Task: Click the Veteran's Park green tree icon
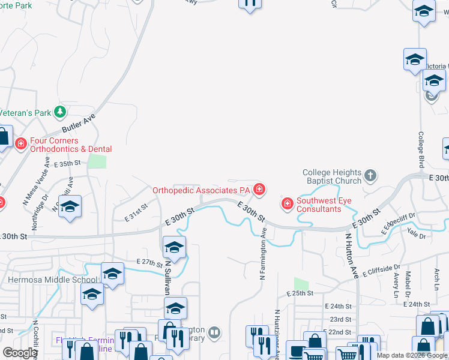59,112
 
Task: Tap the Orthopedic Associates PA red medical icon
259,190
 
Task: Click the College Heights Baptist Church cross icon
370,176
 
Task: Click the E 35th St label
67,163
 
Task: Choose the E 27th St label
149,262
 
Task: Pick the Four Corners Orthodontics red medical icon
20,144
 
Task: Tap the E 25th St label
301,293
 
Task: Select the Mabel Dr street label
408,284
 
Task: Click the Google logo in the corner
20,352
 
